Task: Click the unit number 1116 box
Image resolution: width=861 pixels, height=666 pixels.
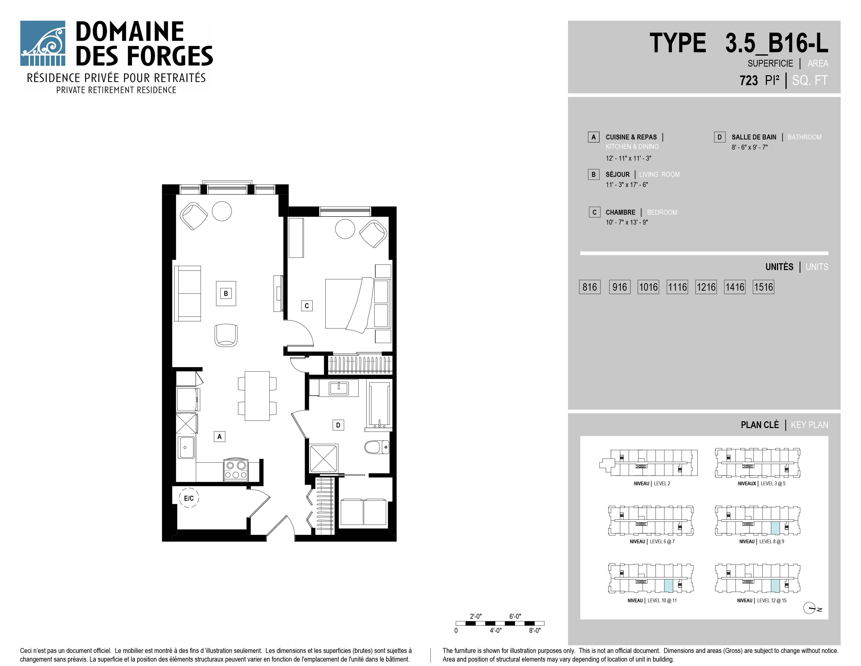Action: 677,287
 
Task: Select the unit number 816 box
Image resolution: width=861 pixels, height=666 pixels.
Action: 590,287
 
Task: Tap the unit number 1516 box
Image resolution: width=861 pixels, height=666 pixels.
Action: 764,287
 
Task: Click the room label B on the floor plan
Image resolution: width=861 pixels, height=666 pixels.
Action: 226,294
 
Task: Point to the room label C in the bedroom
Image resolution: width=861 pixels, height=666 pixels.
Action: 307,306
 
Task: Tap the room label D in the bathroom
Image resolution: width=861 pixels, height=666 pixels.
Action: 338,425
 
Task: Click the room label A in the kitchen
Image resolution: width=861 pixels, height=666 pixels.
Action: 220,436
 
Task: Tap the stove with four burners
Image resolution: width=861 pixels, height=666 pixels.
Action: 236,470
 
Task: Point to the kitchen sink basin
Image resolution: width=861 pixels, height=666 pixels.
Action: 186,447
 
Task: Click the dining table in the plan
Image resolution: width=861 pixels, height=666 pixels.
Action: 257,396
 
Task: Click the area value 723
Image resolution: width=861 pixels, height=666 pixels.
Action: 749,80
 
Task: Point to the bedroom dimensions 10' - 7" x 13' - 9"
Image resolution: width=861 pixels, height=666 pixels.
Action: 627,222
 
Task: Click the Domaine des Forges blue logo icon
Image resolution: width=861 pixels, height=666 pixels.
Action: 43,43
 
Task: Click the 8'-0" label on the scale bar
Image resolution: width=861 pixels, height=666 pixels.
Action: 535,630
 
